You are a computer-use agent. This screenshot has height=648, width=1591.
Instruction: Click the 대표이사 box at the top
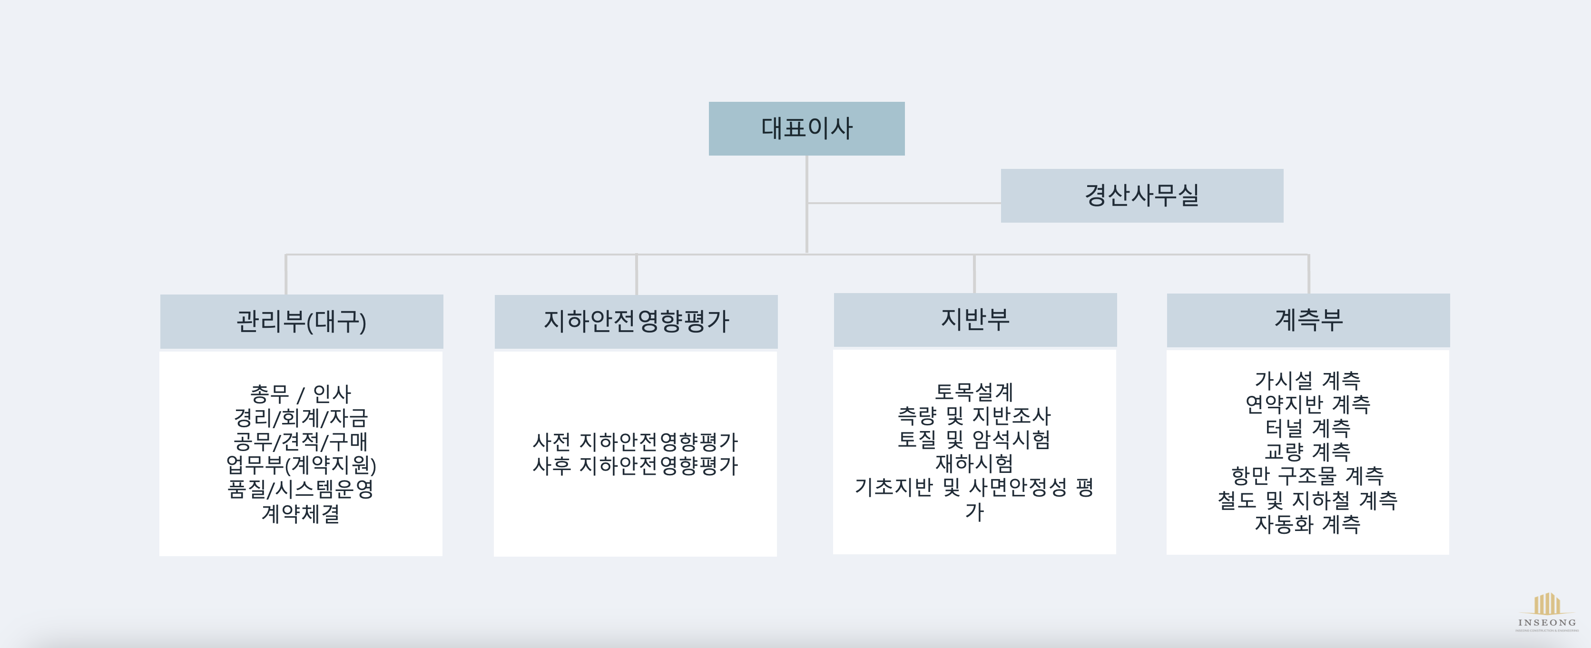806,128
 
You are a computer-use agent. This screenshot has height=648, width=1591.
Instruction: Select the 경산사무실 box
1141,195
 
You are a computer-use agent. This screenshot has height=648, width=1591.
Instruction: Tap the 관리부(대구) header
301,321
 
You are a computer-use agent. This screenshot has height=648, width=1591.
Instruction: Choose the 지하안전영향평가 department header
636,321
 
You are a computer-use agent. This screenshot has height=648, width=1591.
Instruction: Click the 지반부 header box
974,319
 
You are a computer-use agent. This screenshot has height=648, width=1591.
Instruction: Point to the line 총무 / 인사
301,393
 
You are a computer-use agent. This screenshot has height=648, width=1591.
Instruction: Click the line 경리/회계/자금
301,418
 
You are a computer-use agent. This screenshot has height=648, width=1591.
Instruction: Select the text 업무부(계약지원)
301,464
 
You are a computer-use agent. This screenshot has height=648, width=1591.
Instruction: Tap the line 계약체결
301,513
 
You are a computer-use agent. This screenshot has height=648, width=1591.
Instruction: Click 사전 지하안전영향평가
635,442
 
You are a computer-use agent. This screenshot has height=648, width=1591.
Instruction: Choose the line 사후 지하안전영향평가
635,466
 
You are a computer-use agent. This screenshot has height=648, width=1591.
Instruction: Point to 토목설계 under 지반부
974,392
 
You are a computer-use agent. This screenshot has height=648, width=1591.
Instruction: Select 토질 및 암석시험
974,439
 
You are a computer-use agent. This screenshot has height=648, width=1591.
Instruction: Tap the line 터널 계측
1307,427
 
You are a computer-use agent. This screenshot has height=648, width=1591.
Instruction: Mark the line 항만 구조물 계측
1307,476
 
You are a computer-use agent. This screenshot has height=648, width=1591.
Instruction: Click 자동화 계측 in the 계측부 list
1307,524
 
